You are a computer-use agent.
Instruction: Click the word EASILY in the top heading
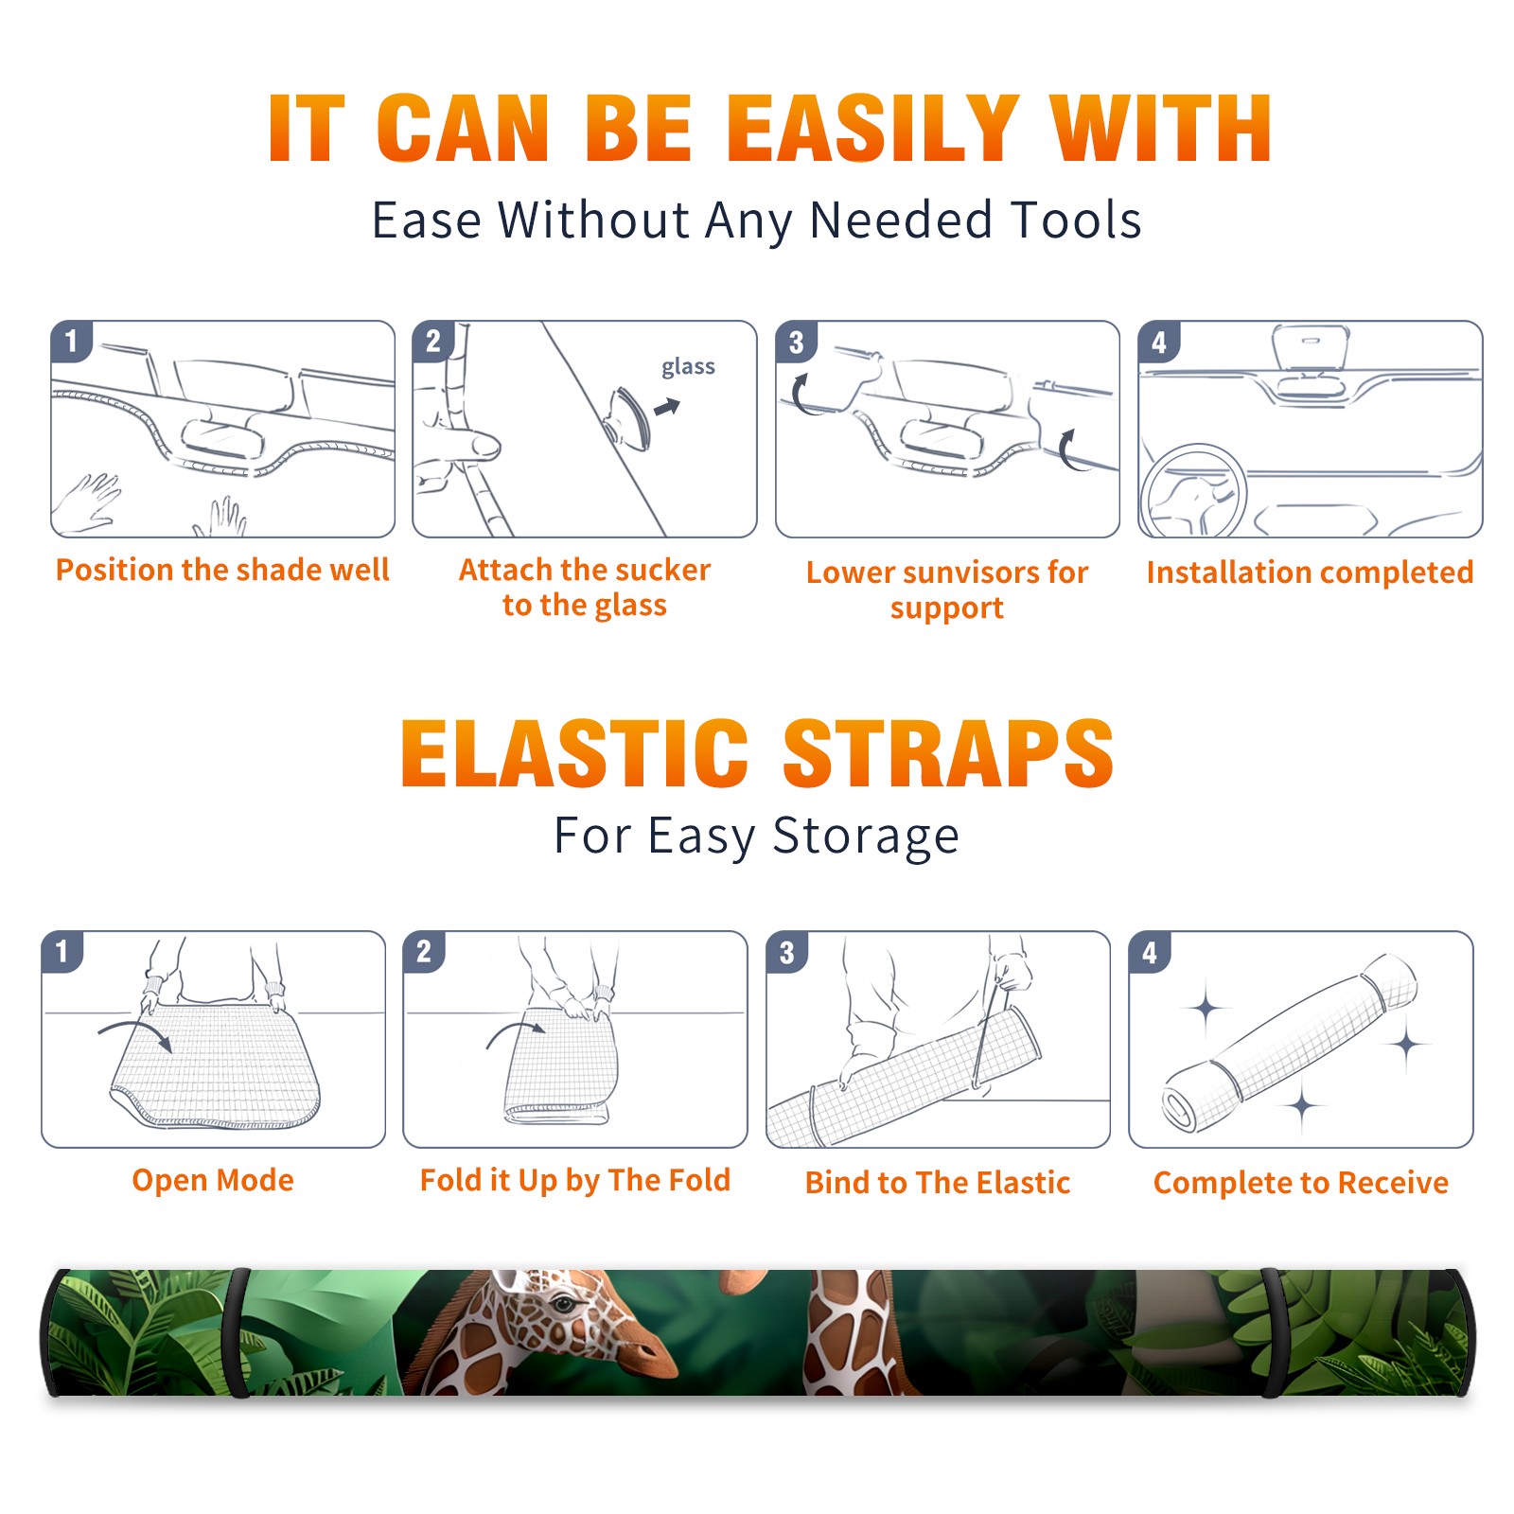click(872, 129)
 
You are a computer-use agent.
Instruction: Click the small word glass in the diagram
click(688, 367)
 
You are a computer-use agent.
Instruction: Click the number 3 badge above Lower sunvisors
click(796, 342)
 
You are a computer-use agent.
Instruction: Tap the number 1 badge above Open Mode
click(62, 951)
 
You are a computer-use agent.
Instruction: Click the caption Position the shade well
click(222, 570)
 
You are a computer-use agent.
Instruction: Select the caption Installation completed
click(1310, 572)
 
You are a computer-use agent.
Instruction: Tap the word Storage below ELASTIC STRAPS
click(866, 836)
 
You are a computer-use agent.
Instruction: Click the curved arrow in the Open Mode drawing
click(135, 1032)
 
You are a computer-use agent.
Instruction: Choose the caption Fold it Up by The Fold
click(575, 1180)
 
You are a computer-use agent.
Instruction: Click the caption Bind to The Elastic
click(938, 1183)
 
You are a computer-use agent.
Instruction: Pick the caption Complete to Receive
click(1301, 1183)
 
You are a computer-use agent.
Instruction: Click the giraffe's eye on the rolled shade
click(565, 1305)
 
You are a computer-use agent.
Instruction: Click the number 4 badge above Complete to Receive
click(1150, 951)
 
